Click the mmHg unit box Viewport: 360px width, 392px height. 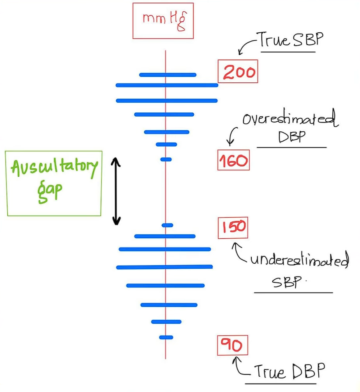pos(163,21)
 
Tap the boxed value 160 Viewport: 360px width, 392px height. pos(233,160)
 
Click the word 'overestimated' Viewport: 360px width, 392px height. pos(289,120)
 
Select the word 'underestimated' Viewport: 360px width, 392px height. pos(299,261)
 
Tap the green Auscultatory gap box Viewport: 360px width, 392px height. pos(54,183)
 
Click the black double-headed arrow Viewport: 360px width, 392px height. pos(116,191)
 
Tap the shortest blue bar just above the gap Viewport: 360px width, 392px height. pos(166,159)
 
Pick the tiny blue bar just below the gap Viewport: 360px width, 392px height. pos(167,225)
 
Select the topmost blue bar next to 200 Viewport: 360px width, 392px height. pos(168,74)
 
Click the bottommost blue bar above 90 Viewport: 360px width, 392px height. pos(166,337)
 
